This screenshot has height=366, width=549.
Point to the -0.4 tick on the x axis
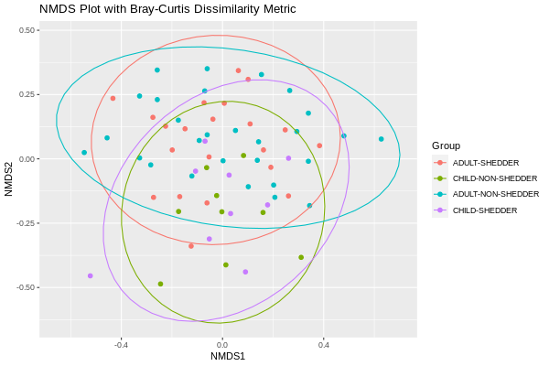coord(121,344)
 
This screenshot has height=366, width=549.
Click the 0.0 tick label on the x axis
coord(222,344)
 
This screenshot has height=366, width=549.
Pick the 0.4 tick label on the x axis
coord(324,344)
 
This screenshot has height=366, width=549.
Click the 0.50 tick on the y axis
coord(27,30)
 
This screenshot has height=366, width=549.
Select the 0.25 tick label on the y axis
coord(27,94)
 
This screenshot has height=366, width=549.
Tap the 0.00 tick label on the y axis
coord(27,159)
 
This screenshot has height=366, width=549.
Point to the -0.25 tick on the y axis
coord(25,223)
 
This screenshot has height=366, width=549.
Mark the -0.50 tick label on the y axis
coord(25,287)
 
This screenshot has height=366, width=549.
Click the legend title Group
coord(447,145)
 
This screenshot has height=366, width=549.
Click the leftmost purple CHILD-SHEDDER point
coord(90,275)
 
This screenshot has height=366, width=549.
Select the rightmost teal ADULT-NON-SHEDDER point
coord(382,139)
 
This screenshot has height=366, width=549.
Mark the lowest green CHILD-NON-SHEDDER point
coord(160,284)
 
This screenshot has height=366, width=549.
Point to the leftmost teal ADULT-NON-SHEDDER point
coord(84,153)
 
